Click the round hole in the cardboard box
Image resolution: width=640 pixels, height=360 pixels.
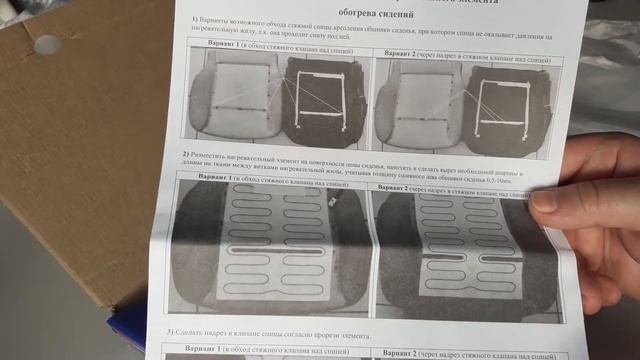[x=47, y=44]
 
